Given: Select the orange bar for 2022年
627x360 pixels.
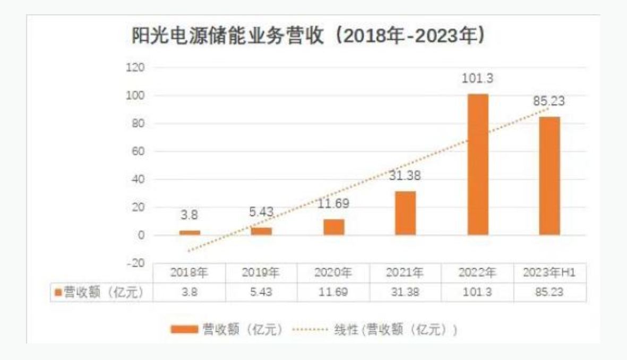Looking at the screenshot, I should (x=477, y=165).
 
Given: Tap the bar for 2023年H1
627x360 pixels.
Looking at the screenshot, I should (x=549, y=176).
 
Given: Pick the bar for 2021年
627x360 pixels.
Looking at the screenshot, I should (x=406, y=213).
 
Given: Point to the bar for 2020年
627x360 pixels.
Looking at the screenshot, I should (x=334, y=227).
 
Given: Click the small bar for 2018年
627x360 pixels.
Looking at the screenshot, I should (x=190, y=233).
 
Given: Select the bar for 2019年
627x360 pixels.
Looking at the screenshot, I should (x=261, y=231).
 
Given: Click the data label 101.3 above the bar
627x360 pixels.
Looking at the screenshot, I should (x=477, y=79).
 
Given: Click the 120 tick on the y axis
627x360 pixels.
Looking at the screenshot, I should (x=136, y=67).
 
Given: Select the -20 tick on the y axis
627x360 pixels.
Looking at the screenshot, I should (x=136, y=263).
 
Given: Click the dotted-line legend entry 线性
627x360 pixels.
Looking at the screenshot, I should (x=396, y=330).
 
